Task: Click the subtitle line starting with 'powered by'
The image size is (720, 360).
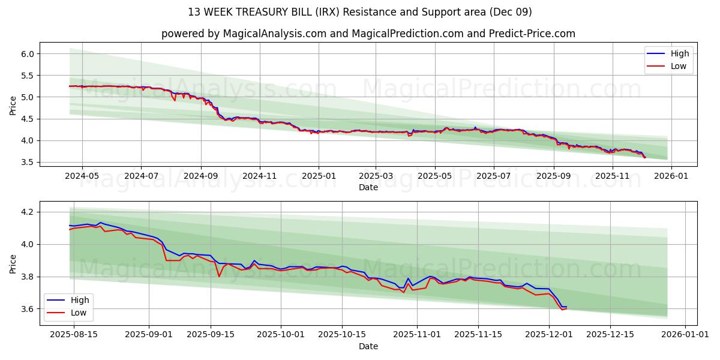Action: [x=368, y=34]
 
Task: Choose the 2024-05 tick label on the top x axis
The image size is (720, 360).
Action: [x=82, y=176]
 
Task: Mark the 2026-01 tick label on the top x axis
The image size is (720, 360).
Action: [x=671, y=176]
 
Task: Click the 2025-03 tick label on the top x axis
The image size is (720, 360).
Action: [x=376, y=176]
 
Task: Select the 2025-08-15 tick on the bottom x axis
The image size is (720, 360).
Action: [x=74, y=335]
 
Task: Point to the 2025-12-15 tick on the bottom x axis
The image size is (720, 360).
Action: [x=610, y=335]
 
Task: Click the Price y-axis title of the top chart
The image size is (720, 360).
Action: [x=13, y=105]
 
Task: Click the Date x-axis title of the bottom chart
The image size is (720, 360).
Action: [x=368, y=346]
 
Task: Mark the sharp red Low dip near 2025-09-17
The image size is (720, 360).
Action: [x=220, y=276]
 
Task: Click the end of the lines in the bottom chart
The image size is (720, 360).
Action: [x=566, y=307]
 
